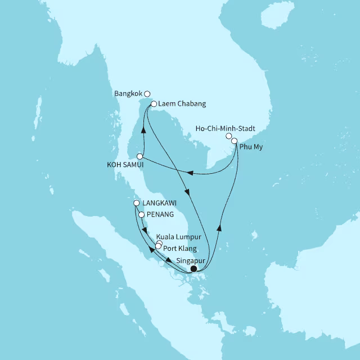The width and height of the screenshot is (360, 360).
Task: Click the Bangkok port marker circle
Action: pyautogui.click(x=147, y=94)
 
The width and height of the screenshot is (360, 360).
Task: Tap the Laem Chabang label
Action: pyautogui.click(x=182, y=104)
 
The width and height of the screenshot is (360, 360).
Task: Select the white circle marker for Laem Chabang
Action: pyautogui.click(x=153, y=103)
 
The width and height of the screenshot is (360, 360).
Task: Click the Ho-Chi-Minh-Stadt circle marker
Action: pyautogui.click(x=228, y=136)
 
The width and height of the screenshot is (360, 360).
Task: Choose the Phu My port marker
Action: pyautogui.click(x=235, y=141)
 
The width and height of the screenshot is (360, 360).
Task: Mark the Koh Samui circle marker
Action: pyautogui.click(x=139, y=155)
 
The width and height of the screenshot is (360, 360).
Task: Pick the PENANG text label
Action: pyautogui.click(x=160, y=215)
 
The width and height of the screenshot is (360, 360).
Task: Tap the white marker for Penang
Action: pyautogui.click(x=142, y=214)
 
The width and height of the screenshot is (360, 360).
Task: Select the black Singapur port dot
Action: pyautogui.click(x=193, y=269)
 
